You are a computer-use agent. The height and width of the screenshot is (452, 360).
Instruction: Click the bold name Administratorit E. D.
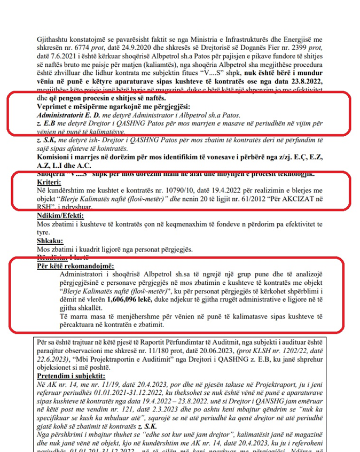click(71, 115)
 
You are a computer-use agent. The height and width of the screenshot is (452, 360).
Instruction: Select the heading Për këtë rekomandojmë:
click(75, 266)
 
